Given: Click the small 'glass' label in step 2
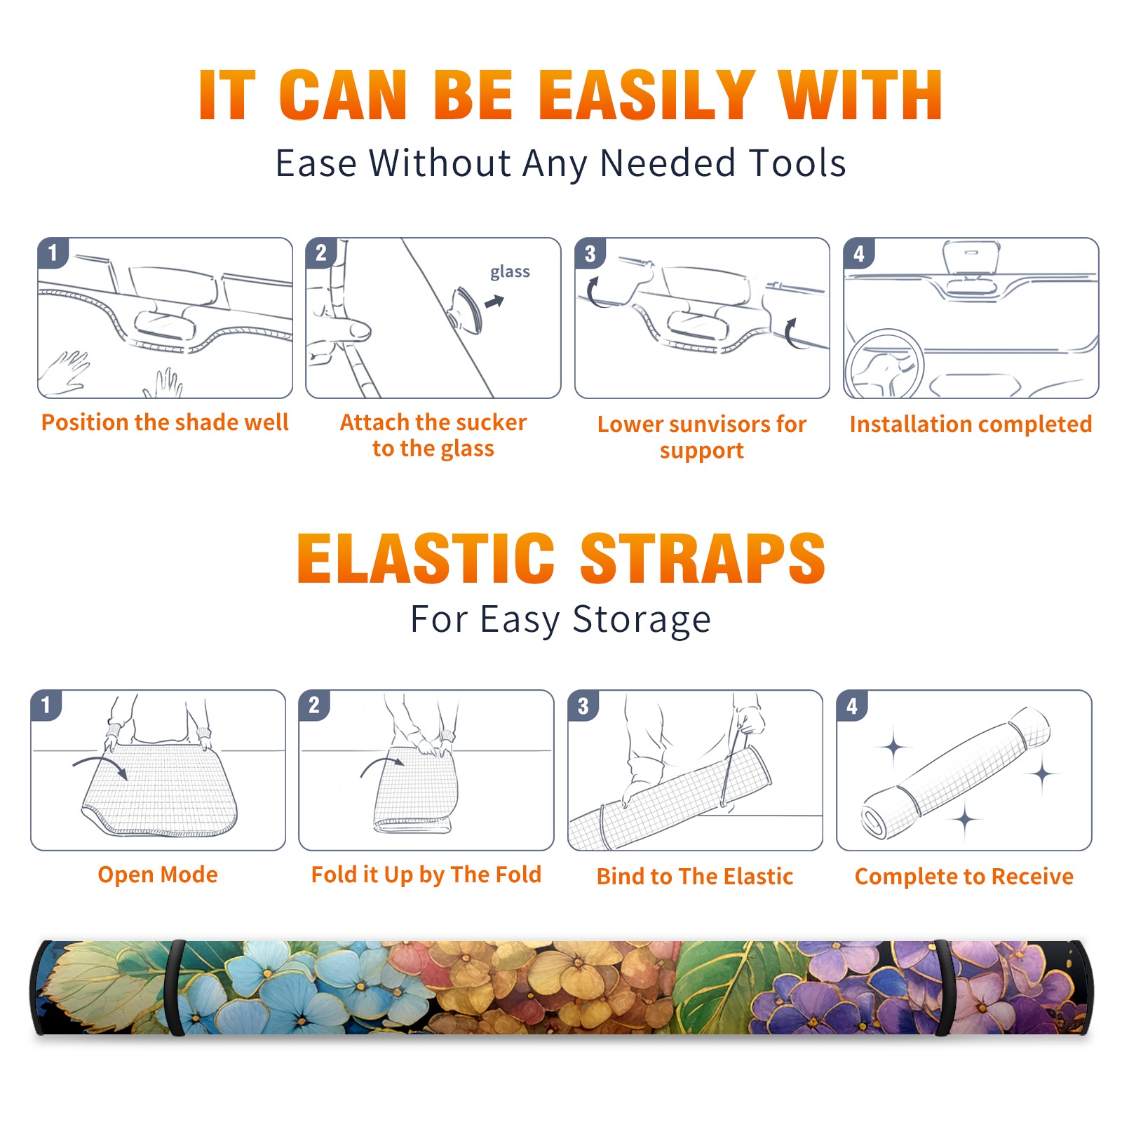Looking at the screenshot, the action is point(510,272).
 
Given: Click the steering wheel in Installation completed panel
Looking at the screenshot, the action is point(884,365).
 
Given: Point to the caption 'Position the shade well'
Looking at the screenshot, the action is point(165,422).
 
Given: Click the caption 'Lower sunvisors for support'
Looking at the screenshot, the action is point(702,437).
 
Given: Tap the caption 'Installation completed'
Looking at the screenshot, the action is point(971,424).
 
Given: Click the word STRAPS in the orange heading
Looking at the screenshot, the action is point(703,558).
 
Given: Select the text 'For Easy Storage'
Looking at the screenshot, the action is point(561,620).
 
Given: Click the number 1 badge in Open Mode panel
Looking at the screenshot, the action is point(46,705).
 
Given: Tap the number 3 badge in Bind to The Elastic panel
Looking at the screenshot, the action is point(583,705).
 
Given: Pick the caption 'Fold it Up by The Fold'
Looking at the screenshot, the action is point(426,874).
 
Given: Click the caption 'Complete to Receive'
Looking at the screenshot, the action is point(964,877).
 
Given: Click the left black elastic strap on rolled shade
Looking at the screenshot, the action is point(175,987).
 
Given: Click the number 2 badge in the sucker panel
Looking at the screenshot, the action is point(321,253).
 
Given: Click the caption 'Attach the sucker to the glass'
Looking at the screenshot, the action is point(433,435).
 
